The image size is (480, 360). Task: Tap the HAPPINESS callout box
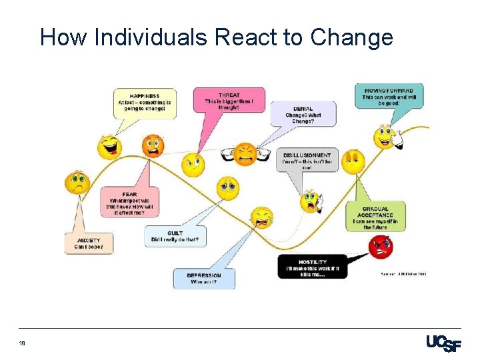click(145, 103)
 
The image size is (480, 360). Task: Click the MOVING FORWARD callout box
click(388, 97)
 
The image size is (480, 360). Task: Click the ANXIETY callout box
click(89, 243)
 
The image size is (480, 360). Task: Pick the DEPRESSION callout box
click(204, 279)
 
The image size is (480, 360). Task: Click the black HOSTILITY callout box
click(312, 267)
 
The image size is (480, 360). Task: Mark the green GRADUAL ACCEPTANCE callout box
click(375, 217)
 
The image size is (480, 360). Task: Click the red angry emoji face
click(381, 247)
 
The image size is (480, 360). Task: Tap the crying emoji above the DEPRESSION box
click(261, 216)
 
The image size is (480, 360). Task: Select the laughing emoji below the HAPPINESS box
click(109, 147)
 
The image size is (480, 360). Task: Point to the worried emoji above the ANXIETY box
click(77, 182)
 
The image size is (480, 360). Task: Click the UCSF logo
click(443, 343)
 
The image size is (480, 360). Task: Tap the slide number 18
click(22, 343)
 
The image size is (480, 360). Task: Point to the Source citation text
click(403, 273)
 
